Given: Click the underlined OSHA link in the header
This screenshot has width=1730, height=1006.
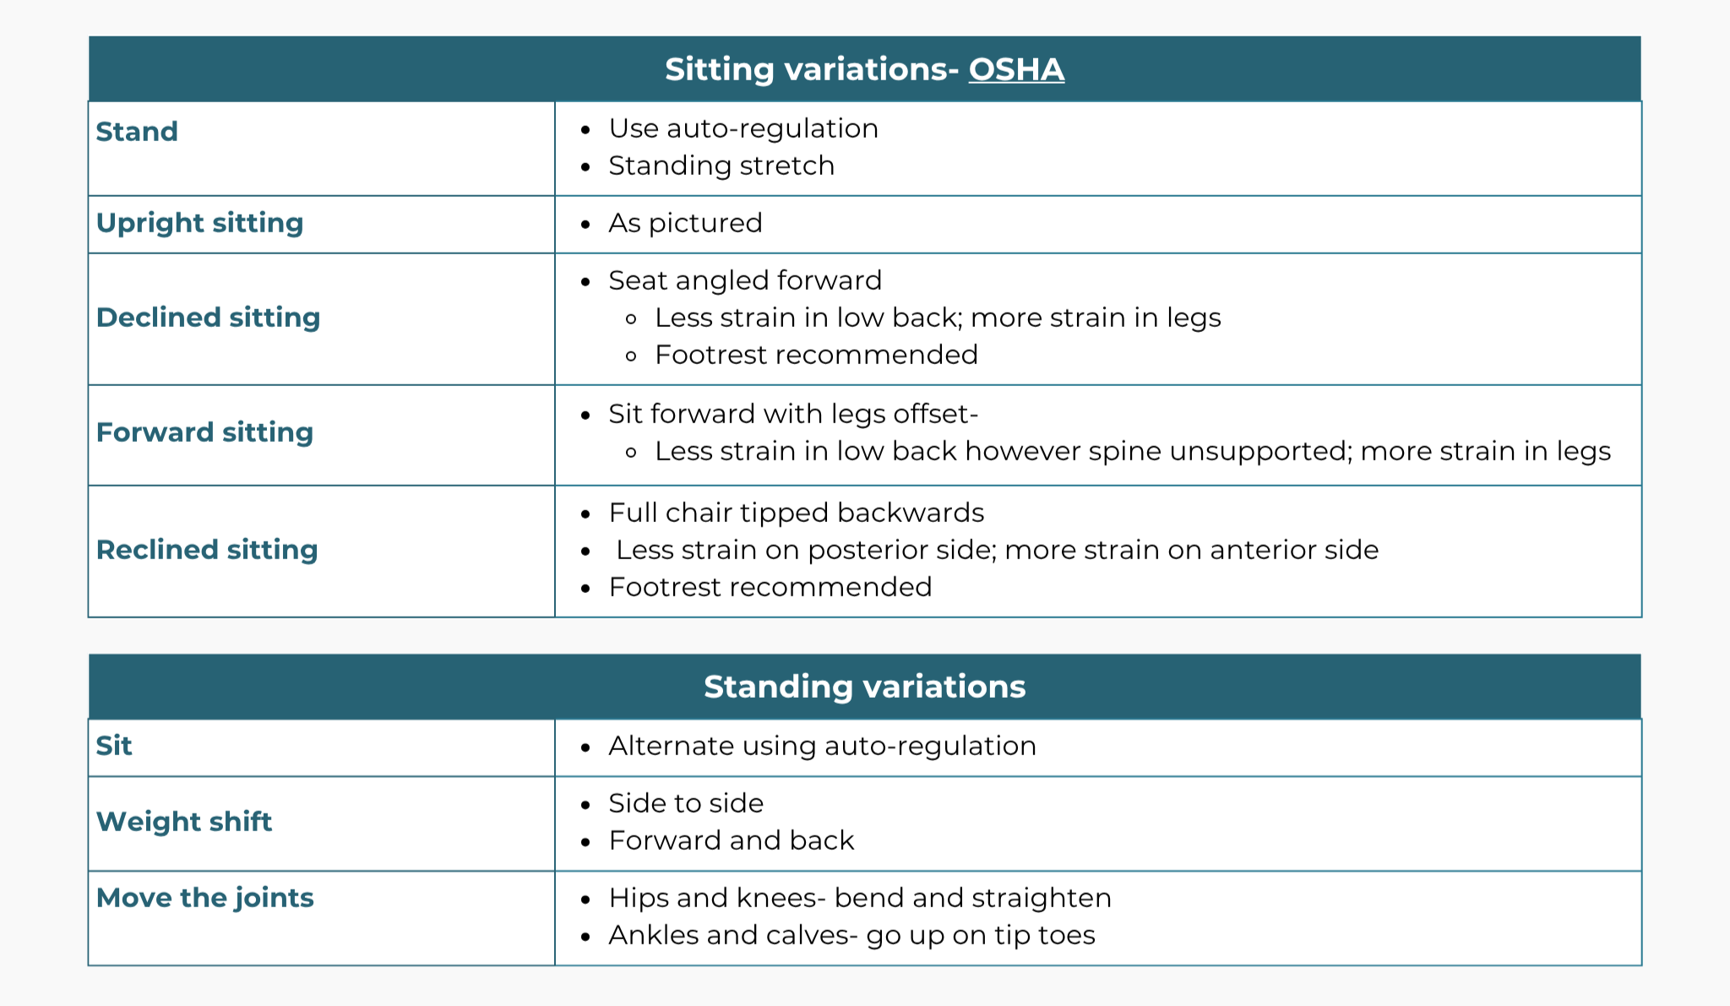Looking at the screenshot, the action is point(1015,69).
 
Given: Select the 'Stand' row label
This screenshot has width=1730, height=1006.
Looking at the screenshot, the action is point(137,132).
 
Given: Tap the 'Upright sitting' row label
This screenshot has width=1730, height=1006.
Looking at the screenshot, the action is point(199,223).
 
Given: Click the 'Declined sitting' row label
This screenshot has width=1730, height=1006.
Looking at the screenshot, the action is point(208,318).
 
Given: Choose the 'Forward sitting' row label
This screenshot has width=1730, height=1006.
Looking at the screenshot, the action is point(204,432).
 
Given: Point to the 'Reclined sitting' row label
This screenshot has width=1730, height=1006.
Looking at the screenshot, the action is point(207,550).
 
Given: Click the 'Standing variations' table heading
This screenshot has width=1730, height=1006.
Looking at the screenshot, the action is point(864,687).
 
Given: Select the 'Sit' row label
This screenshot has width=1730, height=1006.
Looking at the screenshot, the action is point(114,746).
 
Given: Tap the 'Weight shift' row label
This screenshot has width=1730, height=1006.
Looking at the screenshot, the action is point(184,822).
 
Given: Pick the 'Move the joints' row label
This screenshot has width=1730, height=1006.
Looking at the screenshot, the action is point(204,898).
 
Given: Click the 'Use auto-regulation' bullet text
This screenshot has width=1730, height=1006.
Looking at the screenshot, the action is point(743,128).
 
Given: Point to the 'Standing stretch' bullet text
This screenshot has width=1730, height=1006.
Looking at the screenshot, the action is point(721,166).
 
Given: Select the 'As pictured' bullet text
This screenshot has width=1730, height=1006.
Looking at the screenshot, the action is point(685,223).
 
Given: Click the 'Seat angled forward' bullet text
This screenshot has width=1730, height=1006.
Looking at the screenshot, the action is point(745,280).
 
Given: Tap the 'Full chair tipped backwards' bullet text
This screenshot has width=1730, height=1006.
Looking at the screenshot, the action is point(796,513).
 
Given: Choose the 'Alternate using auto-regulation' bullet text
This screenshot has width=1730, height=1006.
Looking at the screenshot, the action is point(822,746).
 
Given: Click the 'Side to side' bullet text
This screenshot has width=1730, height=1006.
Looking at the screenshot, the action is point(686,803).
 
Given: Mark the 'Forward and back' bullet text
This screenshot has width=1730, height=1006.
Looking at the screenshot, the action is point(732,840).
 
